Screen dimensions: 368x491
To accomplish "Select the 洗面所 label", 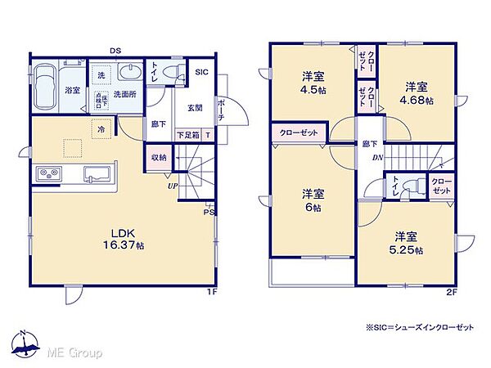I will point(125,92).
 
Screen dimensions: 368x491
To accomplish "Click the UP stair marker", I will point(172,186).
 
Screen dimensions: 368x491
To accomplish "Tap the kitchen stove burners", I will point(47,173).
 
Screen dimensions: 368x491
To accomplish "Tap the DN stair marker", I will point(377,158).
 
